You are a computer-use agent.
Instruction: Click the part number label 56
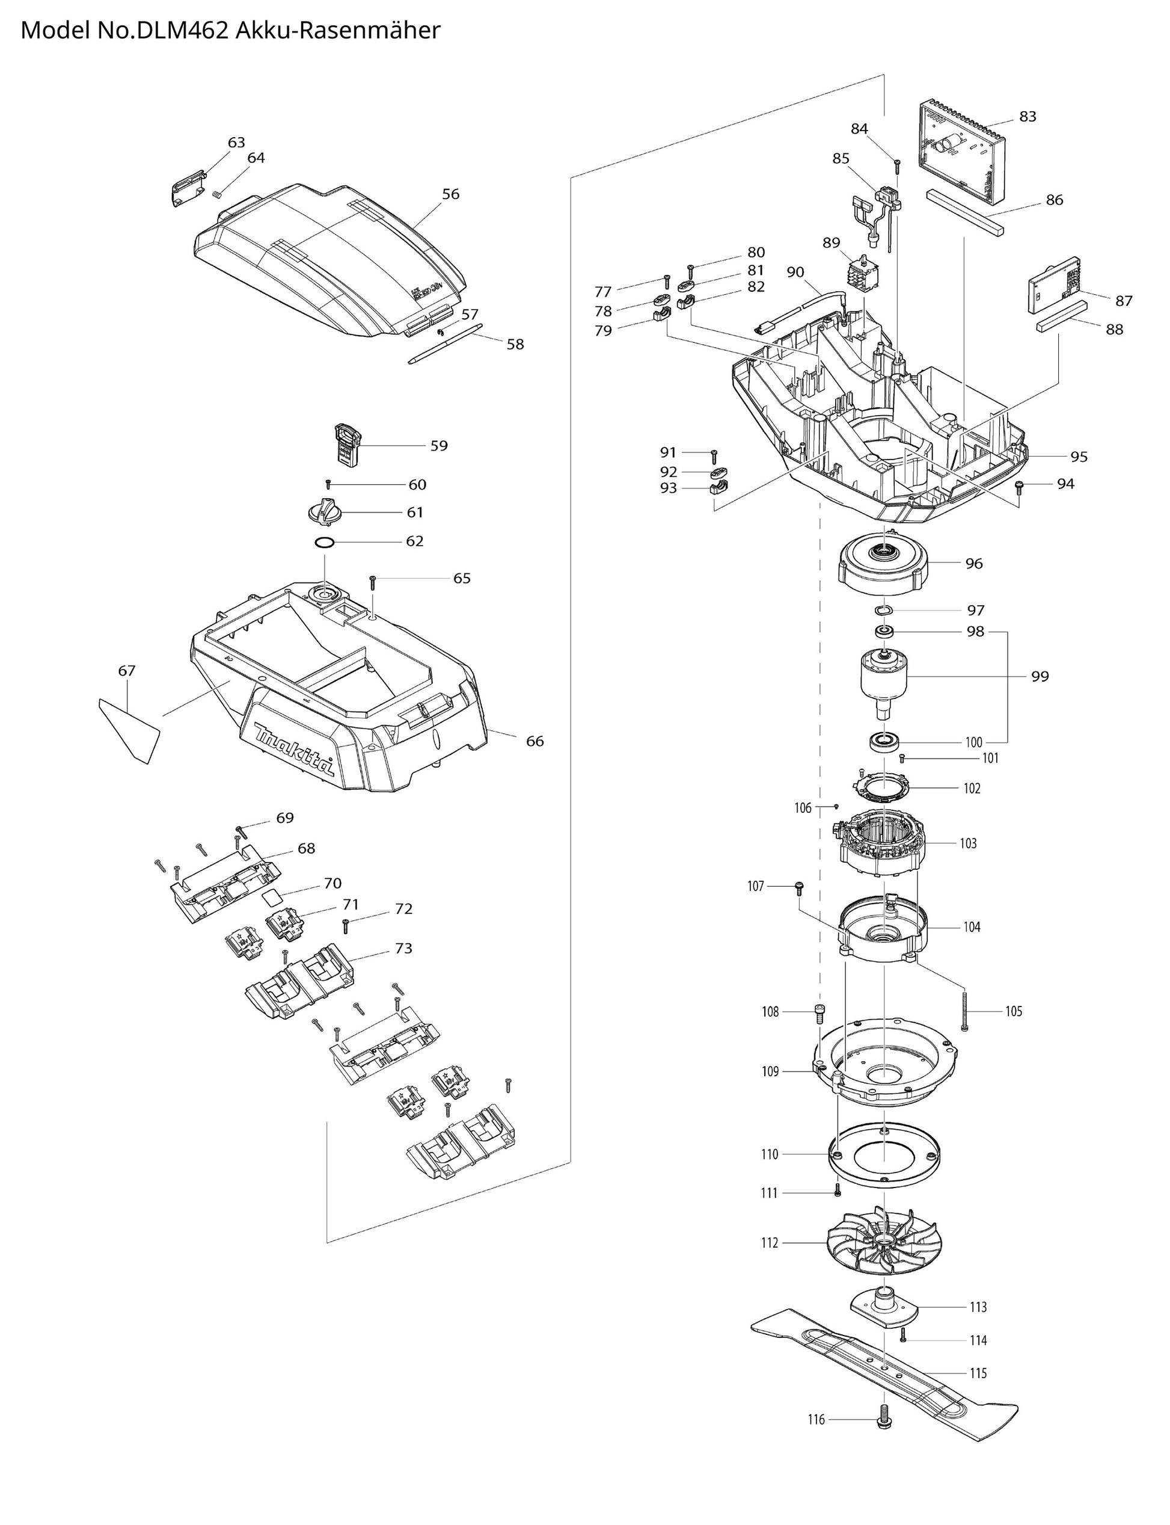(x=450, y=194)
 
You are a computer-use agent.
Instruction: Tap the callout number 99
(x=1039, y=676)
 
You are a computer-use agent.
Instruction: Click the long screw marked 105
(x=964, y=1010)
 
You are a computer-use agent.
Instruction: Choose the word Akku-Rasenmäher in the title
(x=338, y=31)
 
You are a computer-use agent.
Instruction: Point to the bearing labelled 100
(x=886, y=741)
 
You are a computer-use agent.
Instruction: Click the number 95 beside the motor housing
(x=1078, y=457)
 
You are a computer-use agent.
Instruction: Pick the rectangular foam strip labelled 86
(x=965, y=212)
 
